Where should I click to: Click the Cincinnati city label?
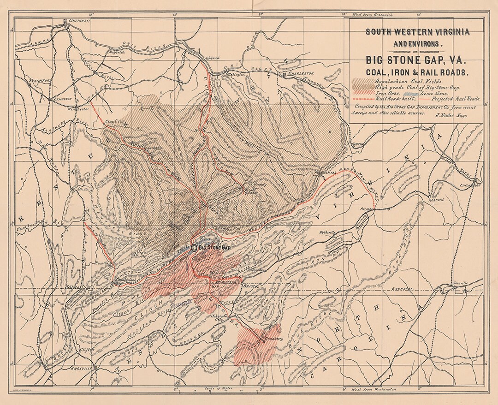[x=77, y=21]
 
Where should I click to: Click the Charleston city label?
[x=300, y=73]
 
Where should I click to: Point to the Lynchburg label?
[x=470, y=185]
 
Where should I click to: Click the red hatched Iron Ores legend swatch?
[x=362, y=93]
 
